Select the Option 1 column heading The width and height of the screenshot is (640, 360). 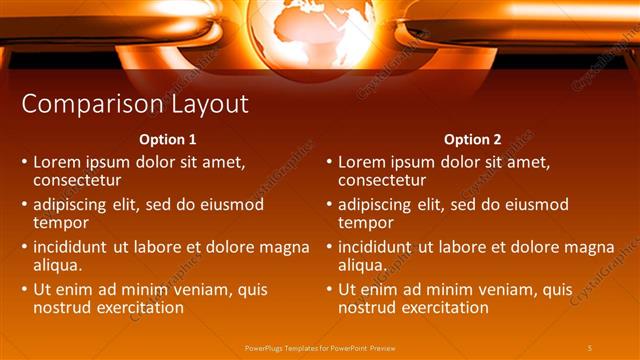(x=168, y=139)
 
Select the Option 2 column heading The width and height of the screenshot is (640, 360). (x=472, y=139)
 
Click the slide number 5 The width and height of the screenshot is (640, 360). (x=590, y=347)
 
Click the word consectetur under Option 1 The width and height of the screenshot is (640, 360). (x=78, y=180)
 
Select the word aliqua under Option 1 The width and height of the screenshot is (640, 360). (x=58, y=266)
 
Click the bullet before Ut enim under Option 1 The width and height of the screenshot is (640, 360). (x=24, y=290)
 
